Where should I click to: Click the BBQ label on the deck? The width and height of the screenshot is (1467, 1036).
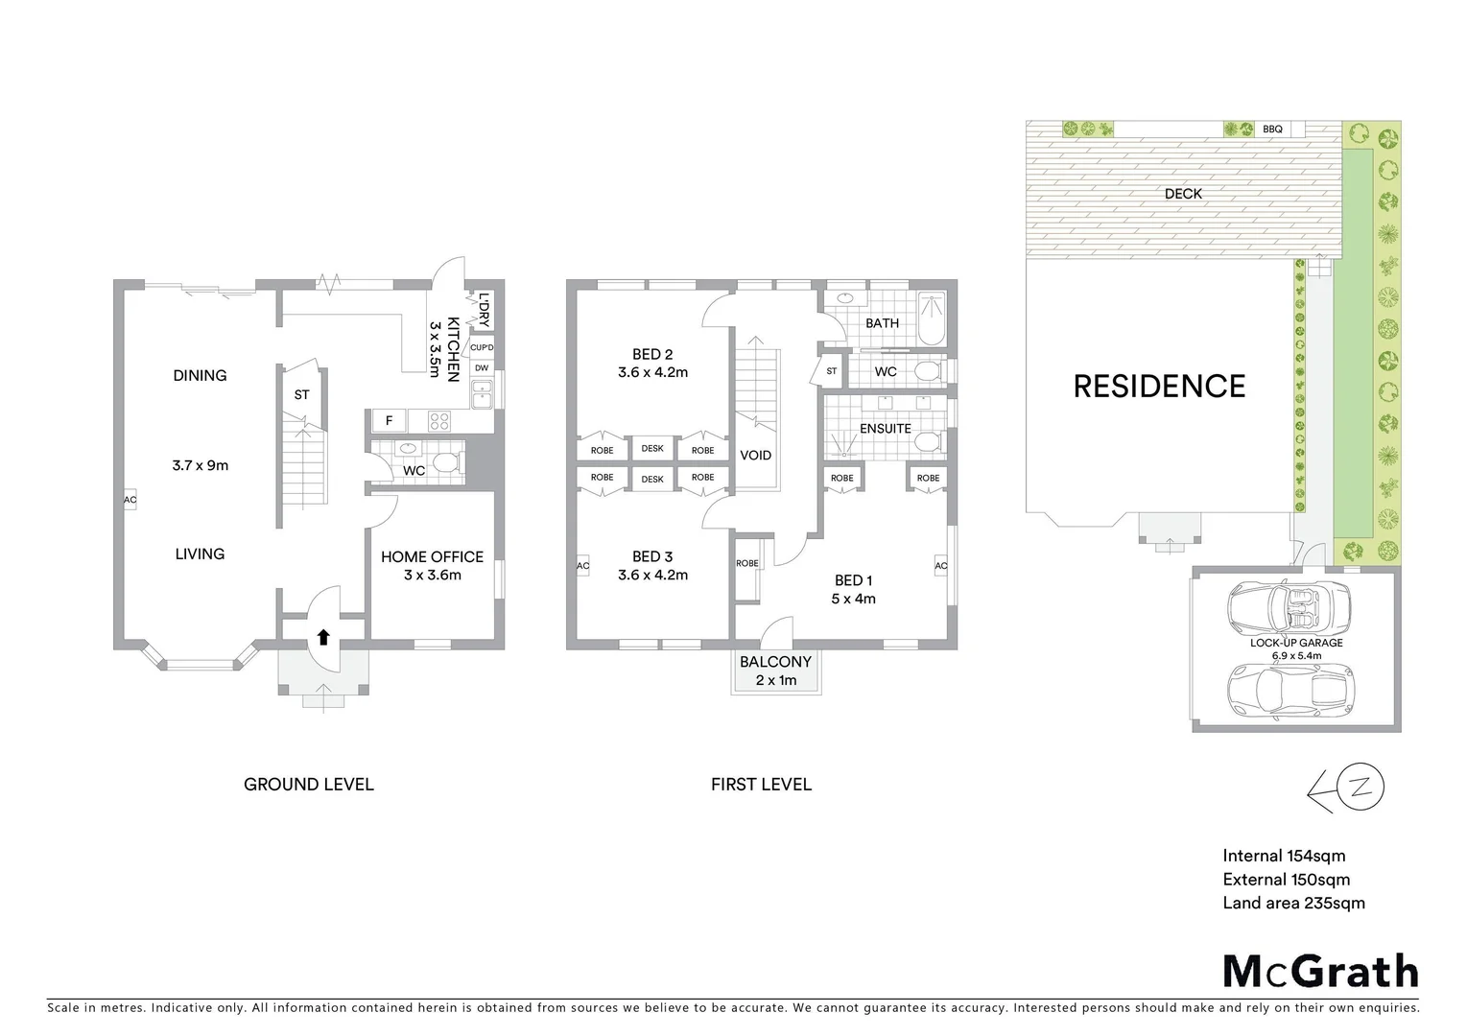pyautogui.click(x=1272, y=129)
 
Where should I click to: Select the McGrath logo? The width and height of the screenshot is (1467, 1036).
pyautogui.click(x=1320, y=971)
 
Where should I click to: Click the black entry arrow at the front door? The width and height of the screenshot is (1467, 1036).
pyautogui.click(x=323, y=636)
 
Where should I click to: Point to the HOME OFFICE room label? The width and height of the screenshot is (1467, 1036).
pyautogui.click(x=432, y=556)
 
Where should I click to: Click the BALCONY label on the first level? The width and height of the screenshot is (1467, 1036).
pyautogui.click(x=775, y=662)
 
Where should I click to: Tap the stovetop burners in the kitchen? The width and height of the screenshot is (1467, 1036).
pyautogui.click(x=438, y=420)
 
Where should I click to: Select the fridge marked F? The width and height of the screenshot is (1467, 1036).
pyautogui.click(x=389, y=420)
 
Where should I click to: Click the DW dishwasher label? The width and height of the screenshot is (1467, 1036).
pyautogui.click(x=482, y=368)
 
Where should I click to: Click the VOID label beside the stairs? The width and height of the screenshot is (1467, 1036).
pyautogui.click(x=755, y=456)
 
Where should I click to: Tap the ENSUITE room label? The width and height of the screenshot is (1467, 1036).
pyautogui.click(x=885, y=429)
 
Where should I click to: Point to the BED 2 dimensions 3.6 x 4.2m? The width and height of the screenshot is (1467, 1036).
pyautogui.click(x=652, y=372)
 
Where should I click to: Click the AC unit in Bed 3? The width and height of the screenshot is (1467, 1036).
pyautogui.click(x=582, y=566)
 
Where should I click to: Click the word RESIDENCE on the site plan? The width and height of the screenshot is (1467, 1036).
pyautogui.click(x=1159, y=387)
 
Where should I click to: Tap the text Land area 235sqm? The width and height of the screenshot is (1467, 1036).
pyautogui.click(x=1293, y=903)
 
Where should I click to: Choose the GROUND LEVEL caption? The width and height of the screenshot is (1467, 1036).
pyautogui.click(x=309, y=785)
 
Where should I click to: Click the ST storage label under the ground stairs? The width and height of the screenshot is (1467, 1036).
pyautogui.click(x=302, y=394)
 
